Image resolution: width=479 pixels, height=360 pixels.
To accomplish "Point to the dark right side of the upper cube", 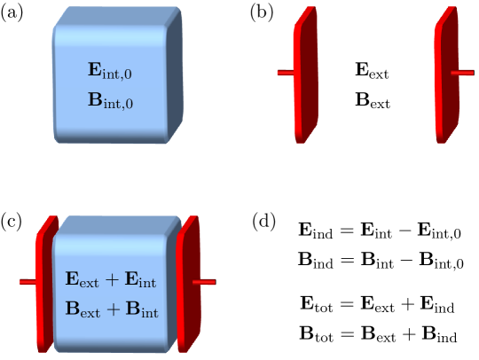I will click(x=175, y=75).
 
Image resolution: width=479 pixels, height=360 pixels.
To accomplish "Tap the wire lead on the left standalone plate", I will click(x=284, y=73).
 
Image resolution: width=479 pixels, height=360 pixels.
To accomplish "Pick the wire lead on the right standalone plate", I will click(x=463, y=73).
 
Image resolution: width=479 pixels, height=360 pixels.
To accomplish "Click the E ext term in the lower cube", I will click(x=82, y=280).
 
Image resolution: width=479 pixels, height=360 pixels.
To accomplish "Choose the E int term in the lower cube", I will click(x=140, y=280).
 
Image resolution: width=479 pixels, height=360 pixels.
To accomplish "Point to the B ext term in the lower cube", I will click(x=82, y=309).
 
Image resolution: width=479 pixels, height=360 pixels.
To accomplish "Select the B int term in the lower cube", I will click(x=140, y=309).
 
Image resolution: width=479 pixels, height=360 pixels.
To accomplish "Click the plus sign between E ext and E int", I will click(x=112, y=280).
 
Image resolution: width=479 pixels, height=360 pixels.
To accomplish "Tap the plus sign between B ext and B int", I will click(x=112, y=309).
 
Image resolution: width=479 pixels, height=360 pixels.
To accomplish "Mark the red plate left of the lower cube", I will click(x=44, y=284).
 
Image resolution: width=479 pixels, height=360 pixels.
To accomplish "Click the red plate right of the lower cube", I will click(x=186, y=284).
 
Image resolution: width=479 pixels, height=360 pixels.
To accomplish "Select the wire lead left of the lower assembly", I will click(x=27, y=282).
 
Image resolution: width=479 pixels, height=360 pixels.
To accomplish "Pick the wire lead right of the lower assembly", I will click(x=205, y=282).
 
